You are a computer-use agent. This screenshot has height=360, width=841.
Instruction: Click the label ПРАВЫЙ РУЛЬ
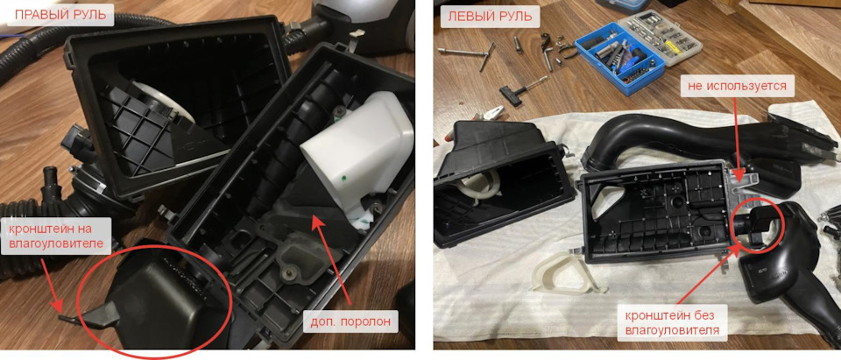coord(60,15)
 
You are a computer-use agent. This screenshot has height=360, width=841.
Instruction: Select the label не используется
coord(736,86)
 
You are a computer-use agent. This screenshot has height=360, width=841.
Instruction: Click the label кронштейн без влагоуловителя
coord(671,321)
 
